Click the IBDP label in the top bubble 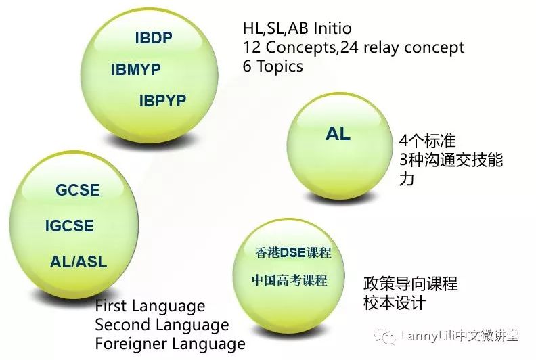(x=154, y=38)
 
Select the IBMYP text (x=136, y=70)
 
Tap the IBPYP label (x=162, y=101)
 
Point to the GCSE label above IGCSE (x=78, y=190)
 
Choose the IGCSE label (x=70, y=225)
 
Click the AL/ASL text (x=79, y=261)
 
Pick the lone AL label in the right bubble (x=338, y=133)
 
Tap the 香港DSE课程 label (x=293, y=252)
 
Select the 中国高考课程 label (x=290, y=280)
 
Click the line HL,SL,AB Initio (x=297, y=28)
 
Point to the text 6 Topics (x=273, y=66)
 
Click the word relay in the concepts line (x=381, y=47)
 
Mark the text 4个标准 (x=427, y=141)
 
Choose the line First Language (x=150, y=306)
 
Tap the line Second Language (x=162, y=325)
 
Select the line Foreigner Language (x=171, y=344)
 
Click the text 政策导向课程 (x=410, y=284)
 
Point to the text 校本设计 (x=395, y=303)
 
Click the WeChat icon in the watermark (x=386, y=336)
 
